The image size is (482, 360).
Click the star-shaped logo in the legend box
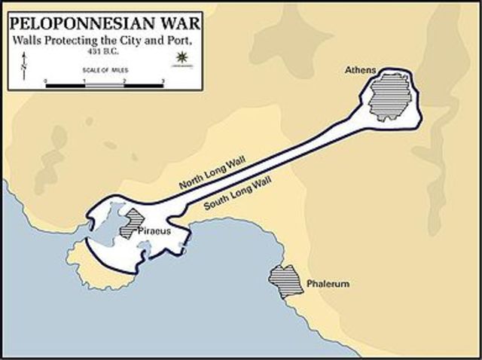pyautogui.click(x=180, y=58)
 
